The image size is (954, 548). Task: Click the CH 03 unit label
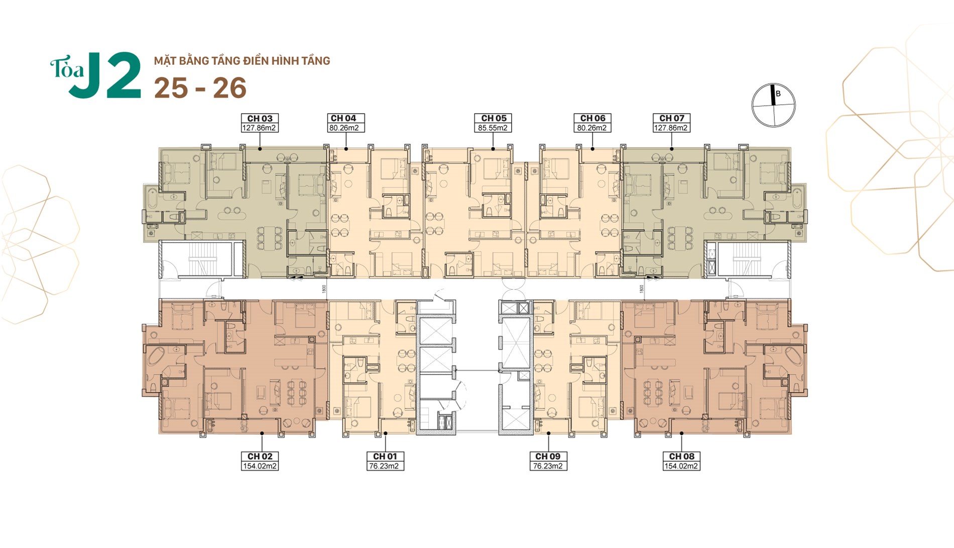260,119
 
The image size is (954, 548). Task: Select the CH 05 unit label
494,118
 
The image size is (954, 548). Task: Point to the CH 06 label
592,118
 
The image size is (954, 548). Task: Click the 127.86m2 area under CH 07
671,128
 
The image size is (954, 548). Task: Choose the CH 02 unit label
260,456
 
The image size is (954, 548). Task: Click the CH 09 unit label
547,456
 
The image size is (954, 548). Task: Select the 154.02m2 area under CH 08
681,466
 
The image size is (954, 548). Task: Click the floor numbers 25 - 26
200,88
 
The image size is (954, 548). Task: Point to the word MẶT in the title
163,61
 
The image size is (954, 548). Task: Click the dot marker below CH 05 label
493,149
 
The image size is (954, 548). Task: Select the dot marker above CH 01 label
386,433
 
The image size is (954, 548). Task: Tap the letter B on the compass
778,94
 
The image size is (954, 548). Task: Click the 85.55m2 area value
493,128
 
